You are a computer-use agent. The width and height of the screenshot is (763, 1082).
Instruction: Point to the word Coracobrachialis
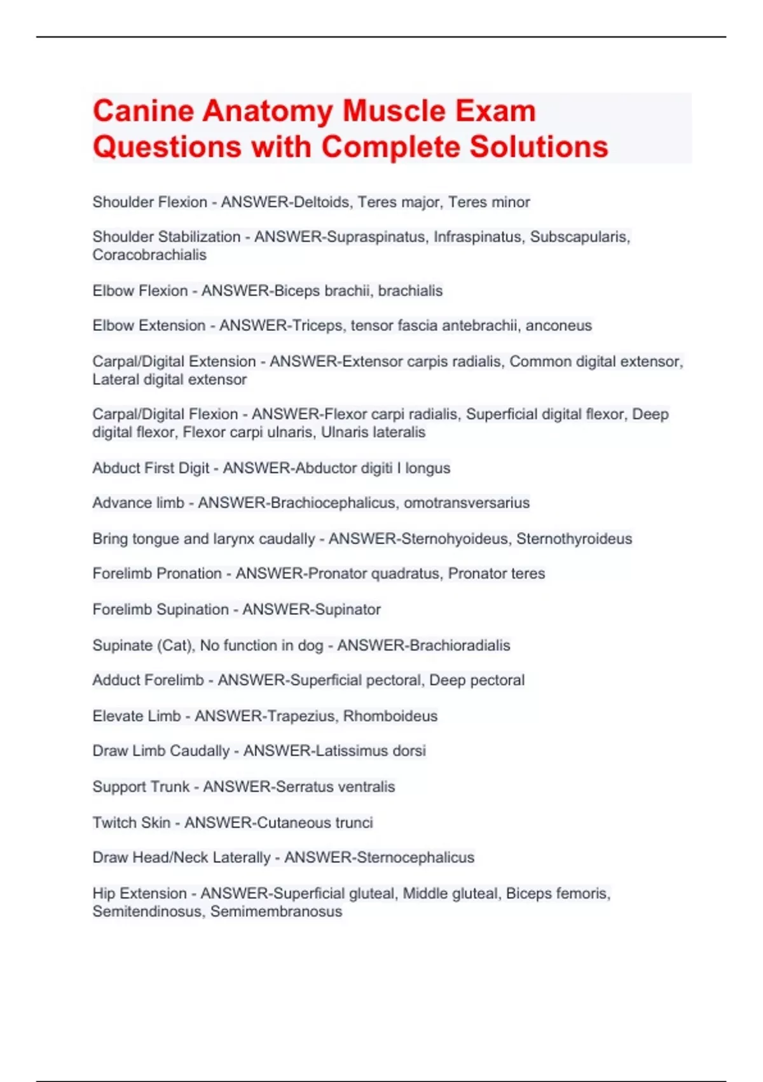coord(149,255)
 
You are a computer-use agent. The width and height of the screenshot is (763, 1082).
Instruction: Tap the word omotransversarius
coord(467,503)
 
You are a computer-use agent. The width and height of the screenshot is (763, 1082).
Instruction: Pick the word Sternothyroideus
coord(574,539)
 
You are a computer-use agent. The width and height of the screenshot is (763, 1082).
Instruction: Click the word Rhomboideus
coord(390,716)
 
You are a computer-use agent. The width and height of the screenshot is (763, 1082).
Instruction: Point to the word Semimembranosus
coord(276,911)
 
